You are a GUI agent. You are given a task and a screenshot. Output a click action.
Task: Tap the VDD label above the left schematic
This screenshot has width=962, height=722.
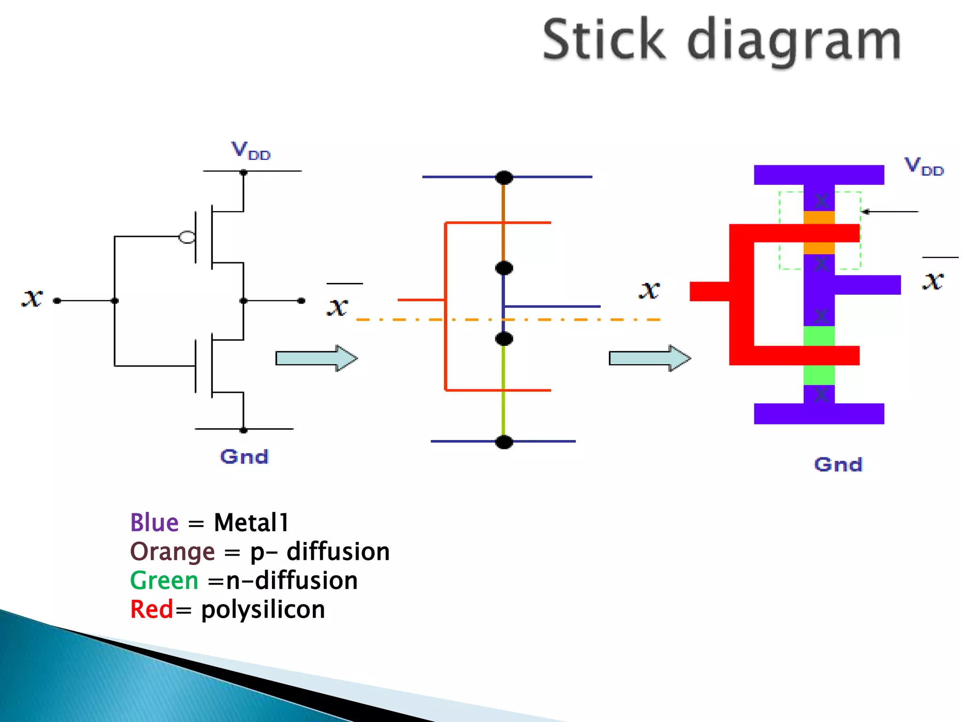(x=251, y=151)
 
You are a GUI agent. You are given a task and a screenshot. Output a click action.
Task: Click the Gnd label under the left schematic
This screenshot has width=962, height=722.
(x=244, y=456)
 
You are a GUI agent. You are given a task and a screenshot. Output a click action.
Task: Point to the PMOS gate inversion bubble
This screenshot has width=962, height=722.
(x=187, y=237)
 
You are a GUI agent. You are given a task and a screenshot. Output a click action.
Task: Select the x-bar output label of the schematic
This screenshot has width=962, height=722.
(x=338, y=306)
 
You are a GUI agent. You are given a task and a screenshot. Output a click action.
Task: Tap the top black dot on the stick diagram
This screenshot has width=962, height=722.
(x=504, y=178)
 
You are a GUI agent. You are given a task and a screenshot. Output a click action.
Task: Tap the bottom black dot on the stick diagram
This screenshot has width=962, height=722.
(x=504, y=442)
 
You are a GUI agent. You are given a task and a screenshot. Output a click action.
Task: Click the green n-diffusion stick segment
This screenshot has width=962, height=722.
(x=504, y=390)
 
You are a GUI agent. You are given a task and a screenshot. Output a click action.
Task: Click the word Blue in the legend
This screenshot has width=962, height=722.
(x=154, y=523)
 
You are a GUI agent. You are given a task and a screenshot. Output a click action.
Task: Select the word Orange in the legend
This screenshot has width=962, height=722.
(x=172, y=552)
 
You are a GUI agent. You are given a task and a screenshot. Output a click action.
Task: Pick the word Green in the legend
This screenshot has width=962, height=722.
(x=164, y=581)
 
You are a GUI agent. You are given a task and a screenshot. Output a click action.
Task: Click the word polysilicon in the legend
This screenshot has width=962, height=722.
(x=263, y=610)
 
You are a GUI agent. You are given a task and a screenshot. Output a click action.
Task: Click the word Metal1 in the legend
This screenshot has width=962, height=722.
(x=251, y=523)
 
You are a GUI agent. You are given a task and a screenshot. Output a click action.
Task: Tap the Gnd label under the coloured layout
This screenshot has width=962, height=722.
(x=838, y=464)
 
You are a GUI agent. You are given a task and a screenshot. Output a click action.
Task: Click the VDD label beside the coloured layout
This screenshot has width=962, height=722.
(x=923, y=166)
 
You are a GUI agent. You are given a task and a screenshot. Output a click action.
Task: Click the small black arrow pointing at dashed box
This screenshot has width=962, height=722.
(x=890, y=212)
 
